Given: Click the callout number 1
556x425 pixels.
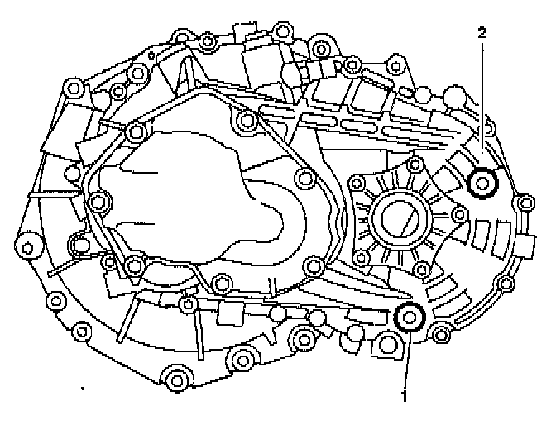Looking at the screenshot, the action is [405, 395].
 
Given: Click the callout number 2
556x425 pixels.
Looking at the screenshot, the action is [482, 33].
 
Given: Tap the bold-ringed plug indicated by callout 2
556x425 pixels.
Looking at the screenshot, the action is [482, 182].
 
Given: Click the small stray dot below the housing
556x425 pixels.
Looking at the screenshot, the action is [82, 386].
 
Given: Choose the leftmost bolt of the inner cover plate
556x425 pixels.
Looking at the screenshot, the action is [100, 200].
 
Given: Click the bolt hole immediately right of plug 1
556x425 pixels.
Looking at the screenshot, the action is [439, 334].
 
